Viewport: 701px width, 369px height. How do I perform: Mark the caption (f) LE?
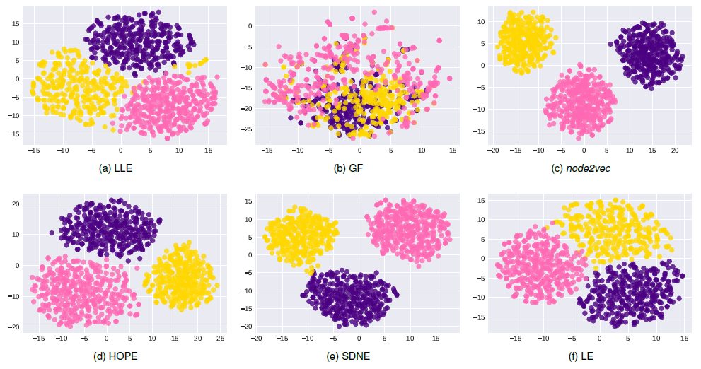(x=582, y=356)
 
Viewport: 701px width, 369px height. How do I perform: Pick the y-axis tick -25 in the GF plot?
(x=248, y=129)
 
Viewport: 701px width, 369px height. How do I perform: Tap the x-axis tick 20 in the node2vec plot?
(x=674, y=151)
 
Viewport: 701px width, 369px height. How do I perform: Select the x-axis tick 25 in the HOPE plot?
(x=221, y=339)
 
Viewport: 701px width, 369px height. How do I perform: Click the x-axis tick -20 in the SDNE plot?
(x=256, y=339)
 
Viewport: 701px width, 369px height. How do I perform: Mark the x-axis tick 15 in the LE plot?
(x=684, y=339)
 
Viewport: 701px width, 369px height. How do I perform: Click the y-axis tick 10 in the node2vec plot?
(x=482, y=22)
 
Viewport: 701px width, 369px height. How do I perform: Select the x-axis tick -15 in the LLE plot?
(x=33, y=151)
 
